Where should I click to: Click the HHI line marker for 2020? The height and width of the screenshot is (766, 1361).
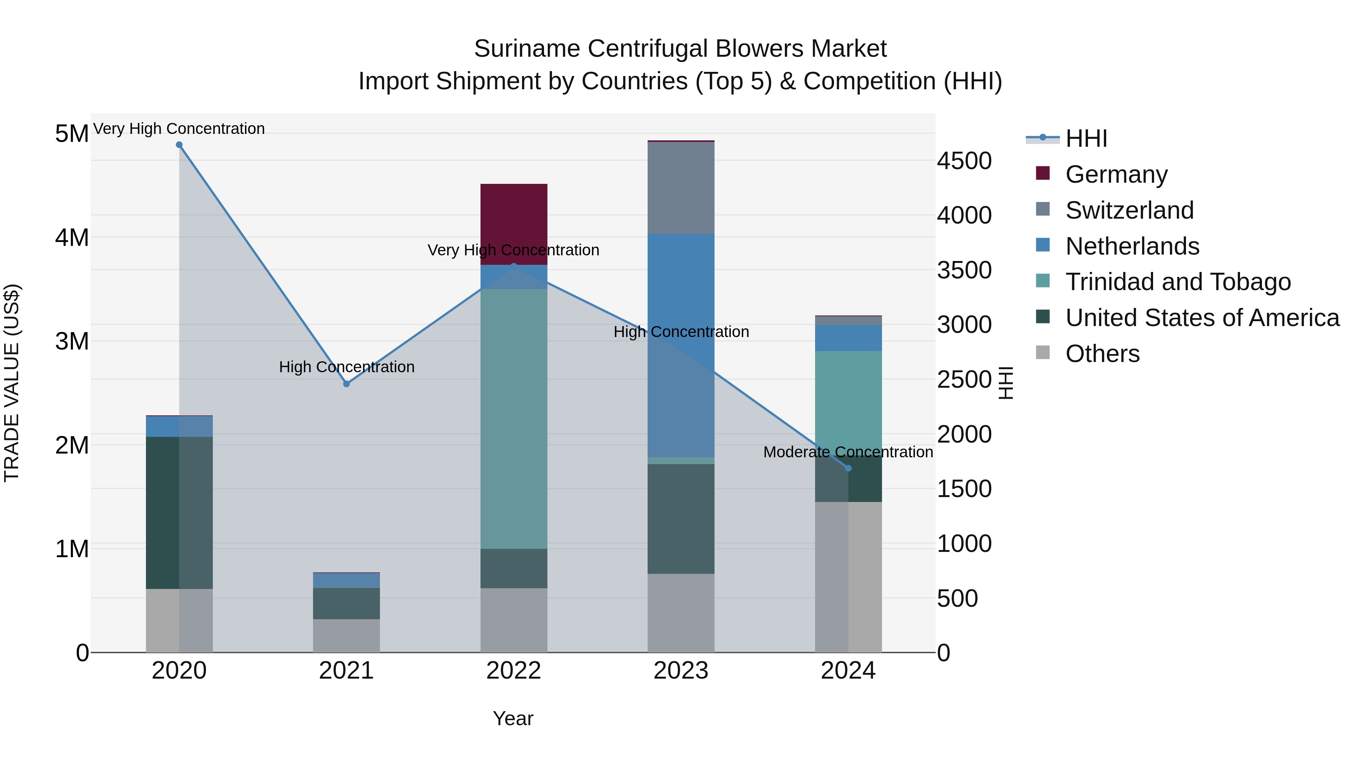[179, 145]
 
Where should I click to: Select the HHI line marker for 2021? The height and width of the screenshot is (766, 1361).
[347, 384]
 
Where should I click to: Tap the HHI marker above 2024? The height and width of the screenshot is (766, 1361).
[848, 468]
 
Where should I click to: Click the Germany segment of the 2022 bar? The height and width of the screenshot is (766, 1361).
[513, 224]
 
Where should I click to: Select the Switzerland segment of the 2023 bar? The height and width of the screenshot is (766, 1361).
[681, 188]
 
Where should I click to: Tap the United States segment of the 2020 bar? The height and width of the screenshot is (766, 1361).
[179, 513]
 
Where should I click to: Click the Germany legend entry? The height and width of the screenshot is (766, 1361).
[1116, 174]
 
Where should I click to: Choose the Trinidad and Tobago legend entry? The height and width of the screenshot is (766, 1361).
[1178, 282]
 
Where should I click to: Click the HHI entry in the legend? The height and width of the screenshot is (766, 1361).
[1086, 138]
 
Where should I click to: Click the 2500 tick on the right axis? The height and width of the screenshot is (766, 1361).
[964, 379]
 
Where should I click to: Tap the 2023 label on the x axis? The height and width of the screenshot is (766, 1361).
[681, 671]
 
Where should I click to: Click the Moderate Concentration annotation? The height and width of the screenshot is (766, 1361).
[848, 452]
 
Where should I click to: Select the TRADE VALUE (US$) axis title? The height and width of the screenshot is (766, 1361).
[12, 383]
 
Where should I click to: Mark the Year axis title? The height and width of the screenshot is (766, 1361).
[513, 718]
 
